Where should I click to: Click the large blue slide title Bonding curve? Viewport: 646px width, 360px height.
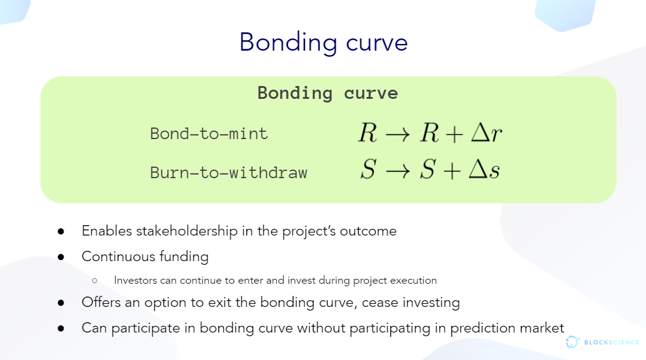point(323,43)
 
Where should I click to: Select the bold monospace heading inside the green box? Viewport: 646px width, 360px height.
point(328,93)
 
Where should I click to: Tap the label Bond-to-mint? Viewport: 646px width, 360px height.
point(209,134)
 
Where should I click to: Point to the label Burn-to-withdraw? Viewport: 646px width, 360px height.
point(229,173)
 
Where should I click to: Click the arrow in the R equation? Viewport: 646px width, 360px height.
point(398,134)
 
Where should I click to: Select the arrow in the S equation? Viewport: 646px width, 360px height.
point(398,170)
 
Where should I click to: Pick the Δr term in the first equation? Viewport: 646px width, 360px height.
point(487,132)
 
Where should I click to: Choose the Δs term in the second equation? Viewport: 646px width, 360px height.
point(484,169)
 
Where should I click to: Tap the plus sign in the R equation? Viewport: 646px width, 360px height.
point(454,134)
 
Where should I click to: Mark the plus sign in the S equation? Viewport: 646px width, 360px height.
point(452,170)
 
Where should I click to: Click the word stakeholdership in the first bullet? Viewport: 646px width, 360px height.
point(187,231)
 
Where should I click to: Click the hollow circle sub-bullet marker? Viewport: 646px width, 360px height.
point(95,281)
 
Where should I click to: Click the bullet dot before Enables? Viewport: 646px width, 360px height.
point(61,231)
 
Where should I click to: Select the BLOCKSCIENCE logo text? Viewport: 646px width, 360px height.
point(611,342)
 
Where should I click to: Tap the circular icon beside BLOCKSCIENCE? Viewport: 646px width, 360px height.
point(572,342)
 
